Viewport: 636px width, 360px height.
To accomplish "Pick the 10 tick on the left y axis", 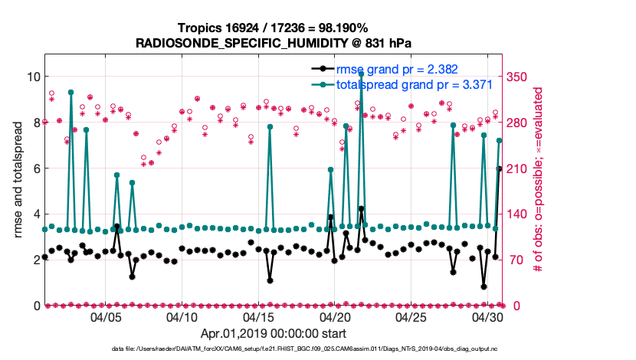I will pos(33,77).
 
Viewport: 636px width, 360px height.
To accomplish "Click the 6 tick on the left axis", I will pos(36,169).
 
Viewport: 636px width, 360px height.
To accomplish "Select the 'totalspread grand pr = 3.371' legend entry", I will pos(414,84).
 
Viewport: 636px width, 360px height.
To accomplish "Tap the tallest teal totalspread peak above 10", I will pos(361,74).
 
